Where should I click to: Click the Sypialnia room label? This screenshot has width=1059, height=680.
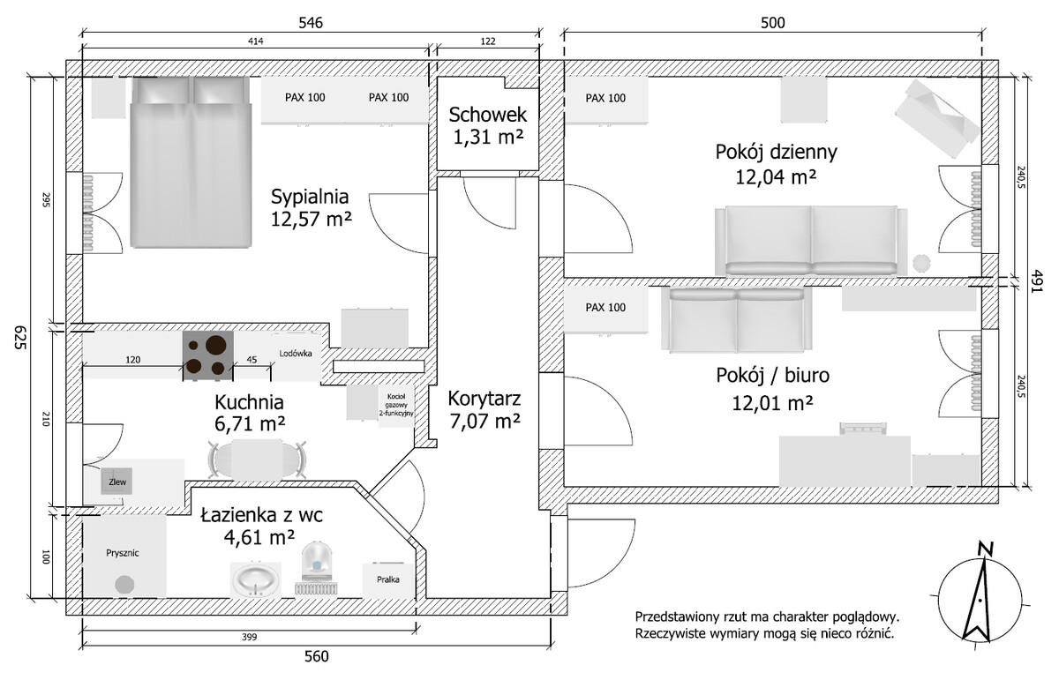[x=310, y=197]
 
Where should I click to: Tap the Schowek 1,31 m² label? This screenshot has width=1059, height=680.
[x=488, y=126]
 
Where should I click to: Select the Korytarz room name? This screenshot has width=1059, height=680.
[x=484, y=399]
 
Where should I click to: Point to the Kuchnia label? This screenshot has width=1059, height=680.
[x=249, y=402]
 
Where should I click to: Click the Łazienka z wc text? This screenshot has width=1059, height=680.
[x=261, y=514]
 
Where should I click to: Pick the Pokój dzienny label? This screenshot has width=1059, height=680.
[x=776, y=153]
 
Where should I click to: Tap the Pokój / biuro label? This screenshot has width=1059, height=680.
[x=772, y=375]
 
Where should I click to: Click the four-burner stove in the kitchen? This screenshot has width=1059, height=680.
[x=208, y=355]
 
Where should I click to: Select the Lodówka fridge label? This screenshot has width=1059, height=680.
[x=296, y=354]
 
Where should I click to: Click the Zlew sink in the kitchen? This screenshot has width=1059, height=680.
[x=116, y=482]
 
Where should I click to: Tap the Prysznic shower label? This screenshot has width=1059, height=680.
[x=123, y=553]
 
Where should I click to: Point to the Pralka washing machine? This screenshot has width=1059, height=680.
[x=387, y=579]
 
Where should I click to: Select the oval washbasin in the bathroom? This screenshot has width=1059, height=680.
[x=255, y=579]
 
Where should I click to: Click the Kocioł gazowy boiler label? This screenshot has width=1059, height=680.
[x=396, y=405]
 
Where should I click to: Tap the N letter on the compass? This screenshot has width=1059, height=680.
[x=984, y=549]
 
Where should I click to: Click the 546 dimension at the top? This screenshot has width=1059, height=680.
[x=311, y=23]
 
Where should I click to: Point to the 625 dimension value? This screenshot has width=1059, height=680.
[x=19, y=338]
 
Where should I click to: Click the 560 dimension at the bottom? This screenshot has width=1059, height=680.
[x=316, y=656]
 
